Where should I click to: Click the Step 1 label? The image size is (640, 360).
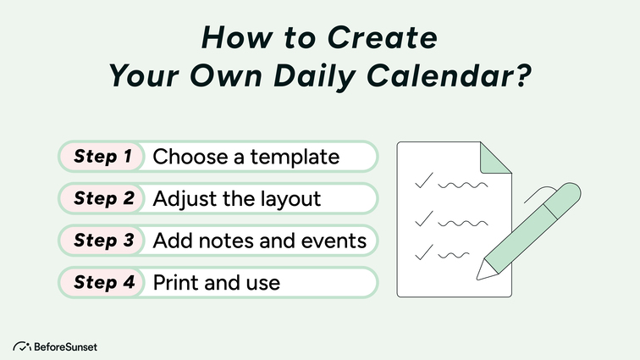coord(102,157)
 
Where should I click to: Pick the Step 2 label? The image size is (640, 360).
coord(103,198)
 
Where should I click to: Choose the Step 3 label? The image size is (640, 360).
coord(103,240)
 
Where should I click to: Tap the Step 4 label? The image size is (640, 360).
coord(103,282)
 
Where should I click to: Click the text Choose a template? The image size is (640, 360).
coord(246,157)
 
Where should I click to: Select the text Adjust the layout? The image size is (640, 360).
coord(237,198)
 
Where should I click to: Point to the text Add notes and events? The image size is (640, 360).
coord(260,240)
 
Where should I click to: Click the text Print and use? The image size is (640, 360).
coord(216,282)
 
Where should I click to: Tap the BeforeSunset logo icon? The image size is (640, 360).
coord(22,346)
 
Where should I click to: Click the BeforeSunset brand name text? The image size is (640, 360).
coord(66,346)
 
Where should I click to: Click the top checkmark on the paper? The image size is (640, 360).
coord(423,180)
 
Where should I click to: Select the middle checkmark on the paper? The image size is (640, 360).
coord(423,219)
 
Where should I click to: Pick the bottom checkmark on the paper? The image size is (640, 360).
coord(423,252)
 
